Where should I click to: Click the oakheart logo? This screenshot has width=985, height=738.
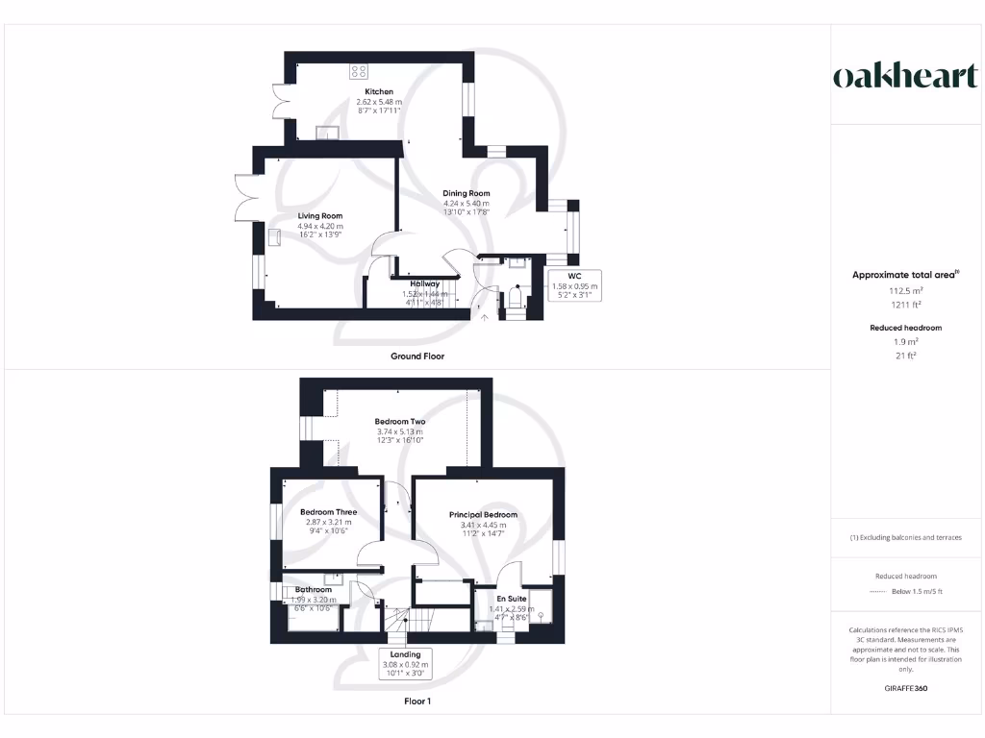pyautogui.click(x=904, y=77)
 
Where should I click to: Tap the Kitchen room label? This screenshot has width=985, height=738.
pyautogui.click(x=378, y=92)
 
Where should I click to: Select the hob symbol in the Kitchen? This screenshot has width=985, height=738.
pyautogui.click(x=360, y=70)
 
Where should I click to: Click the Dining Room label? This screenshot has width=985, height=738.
pyautogui.click(x=467, y=193)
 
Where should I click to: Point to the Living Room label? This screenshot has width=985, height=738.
pyautogui.click(x=319, y=216)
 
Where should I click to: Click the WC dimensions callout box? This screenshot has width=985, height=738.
pyautogui.click(x=574, y=285)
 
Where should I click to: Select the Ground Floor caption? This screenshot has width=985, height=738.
pyautogui.click(x=417, y=357)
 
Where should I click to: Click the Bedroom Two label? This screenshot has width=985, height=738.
pyautogui.click(x=400, y=421)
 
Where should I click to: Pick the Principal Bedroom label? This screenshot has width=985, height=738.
pyautogui.click(x=483, y=515)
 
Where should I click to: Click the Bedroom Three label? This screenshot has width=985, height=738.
pyautogui.click(x=328, y=512)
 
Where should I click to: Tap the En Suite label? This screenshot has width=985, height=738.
pyautogui.click(x=511, y=598)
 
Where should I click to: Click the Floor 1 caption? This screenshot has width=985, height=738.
pyautogui.click(x=417, y=701)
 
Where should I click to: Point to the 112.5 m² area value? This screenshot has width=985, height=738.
pyautogui.click(x=904, y=289)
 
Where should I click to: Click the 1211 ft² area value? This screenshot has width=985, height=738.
pyautogui.click(x=904, y=304)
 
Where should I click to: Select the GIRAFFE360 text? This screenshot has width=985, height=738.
pyautogui.click(x=904, y=688)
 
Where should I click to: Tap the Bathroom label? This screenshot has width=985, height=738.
pyautogui.click(x=313, y=590)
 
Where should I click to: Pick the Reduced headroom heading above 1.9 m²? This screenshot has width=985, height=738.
pyautogui.click(x=904, y=328)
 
